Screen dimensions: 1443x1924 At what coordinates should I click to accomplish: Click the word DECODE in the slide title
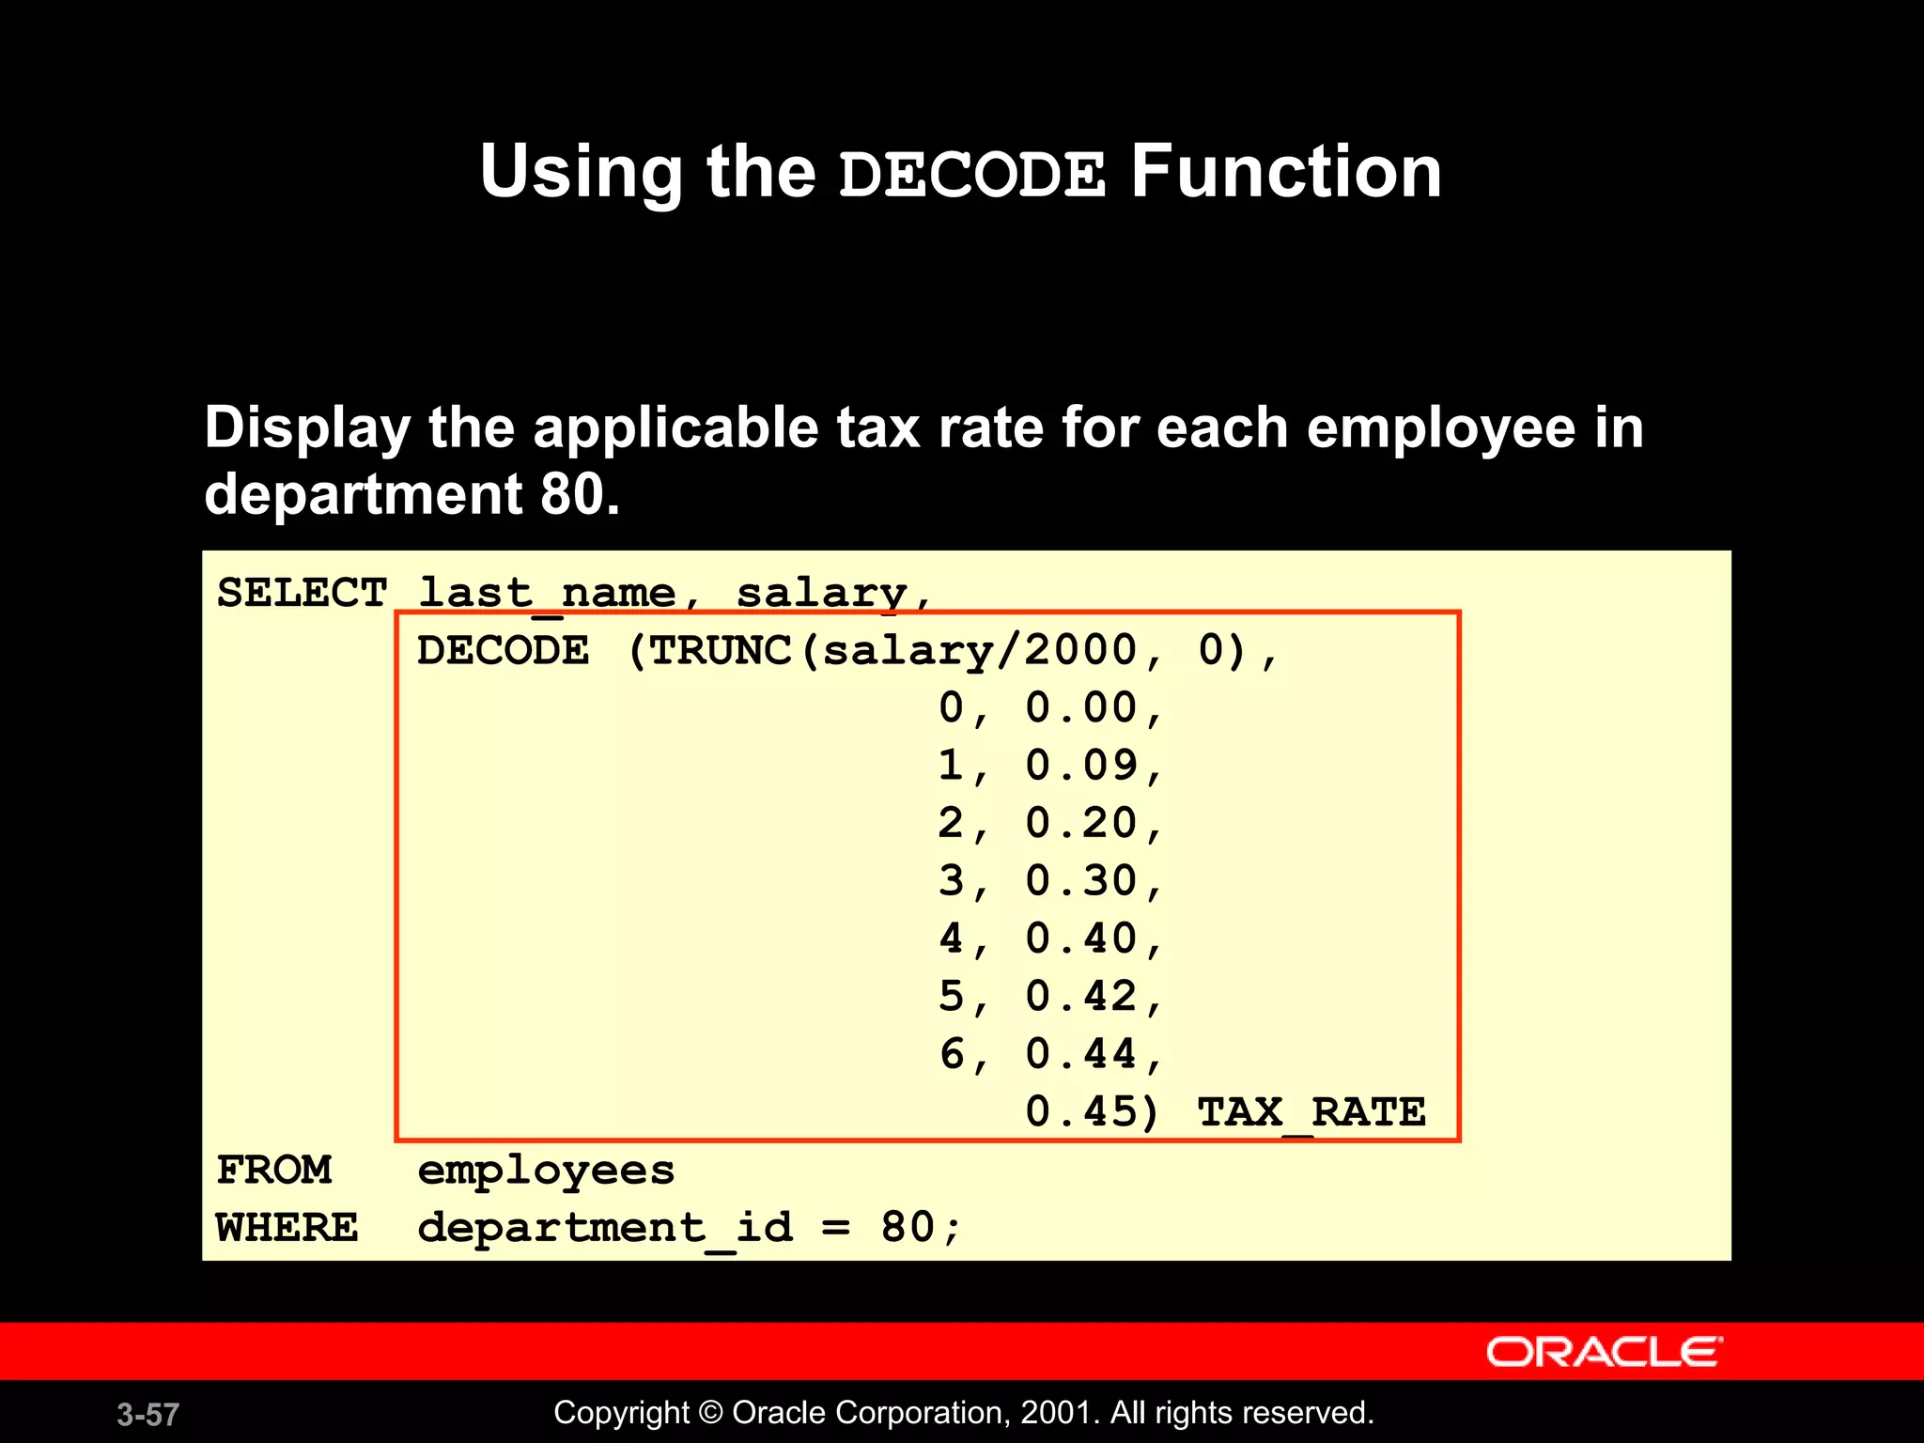(x=971, y=175)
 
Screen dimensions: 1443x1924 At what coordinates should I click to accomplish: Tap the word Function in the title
(x=1285, y=172)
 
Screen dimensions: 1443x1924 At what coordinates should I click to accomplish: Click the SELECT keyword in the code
(x=302, y=593)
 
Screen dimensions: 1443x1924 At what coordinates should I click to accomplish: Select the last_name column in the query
(x=547, y=594)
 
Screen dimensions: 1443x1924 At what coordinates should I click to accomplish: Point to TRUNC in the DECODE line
(x=721, y=650)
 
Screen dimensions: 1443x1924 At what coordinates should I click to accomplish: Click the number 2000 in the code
(x=1080, y=650)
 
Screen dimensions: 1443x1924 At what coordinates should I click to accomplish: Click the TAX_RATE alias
(x=1311, y=1112)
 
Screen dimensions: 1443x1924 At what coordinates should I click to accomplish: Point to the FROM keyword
(x=273, y=1171)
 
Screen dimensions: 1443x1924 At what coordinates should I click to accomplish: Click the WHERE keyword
(x=287, y=1228)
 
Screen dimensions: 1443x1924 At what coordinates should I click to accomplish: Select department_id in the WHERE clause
(x=605, y=1228)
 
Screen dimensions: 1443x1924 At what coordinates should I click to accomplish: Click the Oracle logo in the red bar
(x=1604, y=1352)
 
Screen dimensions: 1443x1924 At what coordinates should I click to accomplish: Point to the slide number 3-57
(x=147, y=1415)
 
